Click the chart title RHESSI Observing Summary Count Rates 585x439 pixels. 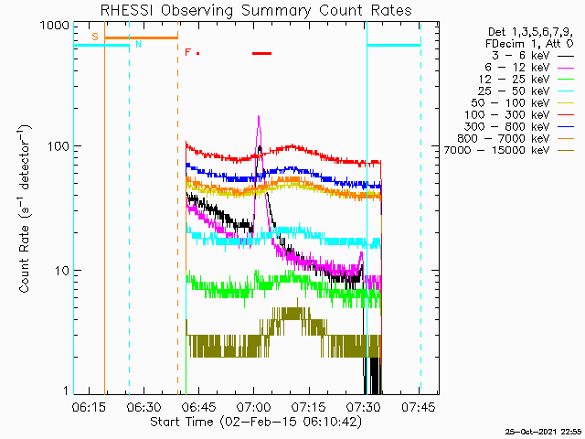click(256, 10)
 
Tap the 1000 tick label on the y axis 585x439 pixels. click(55, 26)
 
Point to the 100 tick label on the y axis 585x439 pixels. click(58, 146)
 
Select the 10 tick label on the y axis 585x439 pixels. click(62, 271)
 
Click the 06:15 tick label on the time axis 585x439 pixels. click(89, 407)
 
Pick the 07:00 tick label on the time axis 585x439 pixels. click(254, 407)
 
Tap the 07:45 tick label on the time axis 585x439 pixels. click(419, 407)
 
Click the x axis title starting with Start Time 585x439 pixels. click(256, 422)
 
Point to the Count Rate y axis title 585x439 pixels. click(25, 209)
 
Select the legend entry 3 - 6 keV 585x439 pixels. click(532, 56)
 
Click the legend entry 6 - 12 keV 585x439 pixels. click(529, 68)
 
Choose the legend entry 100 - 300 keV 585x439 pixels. click(519, 115)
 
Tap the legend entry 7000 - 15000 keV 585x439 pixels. click(509, 150)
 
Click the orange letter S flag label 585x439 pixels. click(95, 37)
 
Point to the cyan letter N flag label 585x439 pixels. click(138, 44)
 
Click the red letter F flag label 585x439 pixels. click(188, 52)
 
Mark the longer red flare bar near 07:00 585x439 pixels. click(262, 53)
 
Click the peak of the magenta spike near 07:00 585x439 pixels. click(258, 116)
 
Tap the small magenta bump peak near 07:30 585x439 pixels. click(361, 252)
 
